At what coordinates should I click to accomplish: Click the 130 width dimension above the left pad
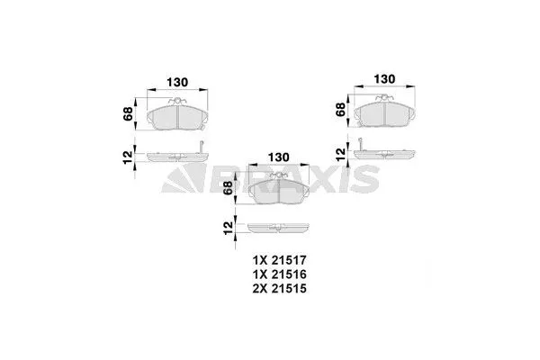coord(177,82)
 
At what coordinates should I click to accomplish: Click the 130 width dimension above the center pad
coord(280,158)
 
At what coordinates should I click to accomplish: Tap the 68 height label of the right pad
coord(341,110)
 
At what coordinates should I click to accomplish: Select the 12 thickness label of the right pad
coord(341,150)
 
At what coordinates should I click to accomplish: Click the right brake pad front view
coord(386,112)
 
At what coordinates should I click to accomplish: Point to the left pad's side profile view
coord(171,156)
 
